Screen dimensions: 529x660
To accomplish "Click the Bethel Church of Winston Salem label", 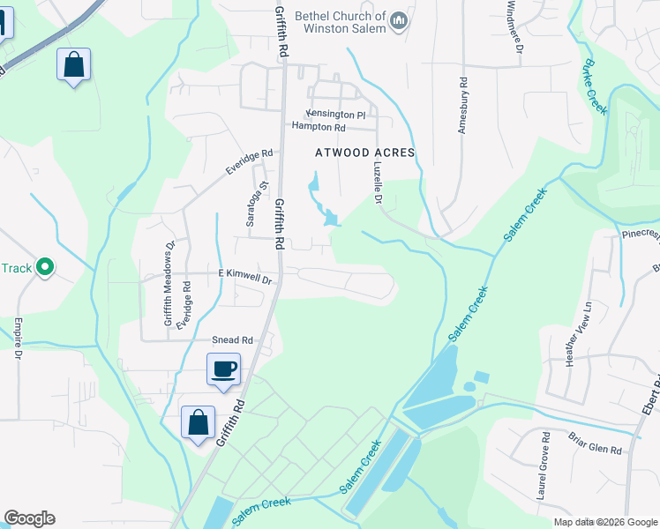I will (340, 22).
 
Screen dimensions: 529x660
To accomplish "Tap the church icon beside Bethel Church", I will (400, 20).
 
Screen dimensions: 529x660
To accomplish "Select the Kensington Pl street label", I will (335, 115).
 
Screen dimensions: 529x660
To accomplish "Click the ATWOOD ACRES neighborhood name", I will (365, 153).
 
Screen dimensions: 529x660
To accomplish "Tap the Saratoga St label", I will (251, 205).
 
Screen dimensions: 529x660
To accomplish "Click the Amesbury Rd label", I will (461, 105).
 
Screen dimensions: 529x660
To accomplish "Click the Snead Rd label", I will (232, 339).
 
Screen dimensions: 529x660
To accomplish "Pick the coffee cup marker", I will (223, 367).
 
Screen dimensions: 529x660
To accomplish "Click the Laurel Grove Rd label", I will (546, 466).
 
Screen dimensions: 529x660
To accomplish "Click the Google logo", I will (29, 518).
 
